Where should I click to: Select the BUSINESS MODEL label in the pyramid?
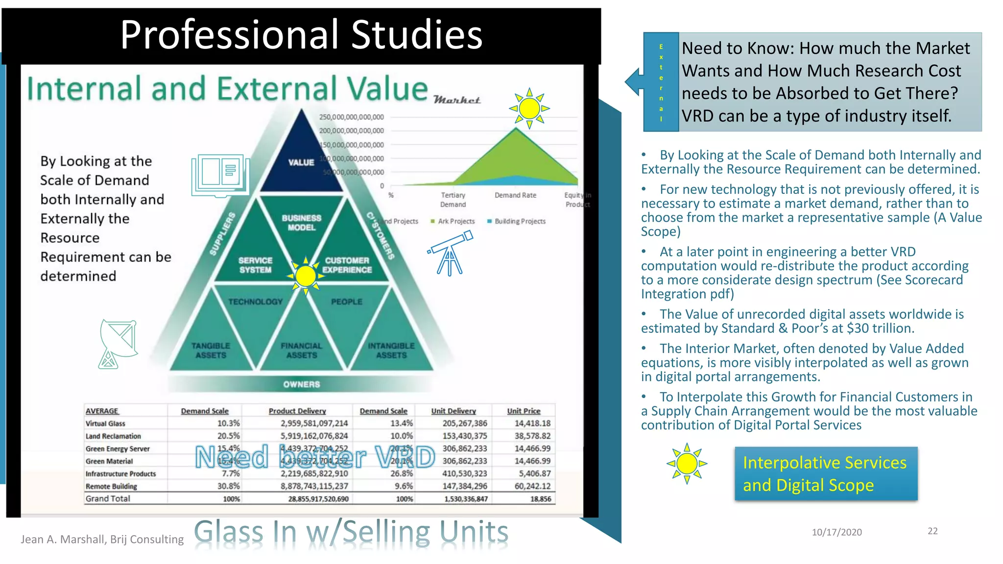(301, 223)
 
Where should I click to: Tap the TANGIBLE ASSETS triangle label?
(211, 351)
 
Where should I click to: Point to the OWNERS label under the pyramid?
(301, 384)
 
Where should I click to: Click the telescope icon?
(451, 253)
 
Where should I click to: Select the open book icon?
(220, 175)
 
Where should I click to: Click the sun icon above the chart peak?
(529, 108)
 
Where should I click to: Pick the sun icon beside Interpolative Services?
(687, 463)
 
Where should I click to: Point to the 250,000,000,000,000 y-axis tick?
(351, 117)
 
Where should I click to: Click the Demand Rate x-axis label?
(515, 195)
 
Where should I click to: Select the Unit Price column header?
(524, 411)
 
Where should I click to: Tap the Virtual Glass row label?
(105, 423)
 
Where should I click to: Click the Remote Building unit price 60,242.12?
(532, 486)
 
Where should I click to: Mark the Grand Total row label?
(108, 498)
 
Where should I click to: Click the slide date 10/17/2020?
(836, 532)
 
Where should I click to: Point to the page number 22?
(932, 531)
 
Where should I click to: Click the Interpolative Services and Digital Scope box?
(826, 473)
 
